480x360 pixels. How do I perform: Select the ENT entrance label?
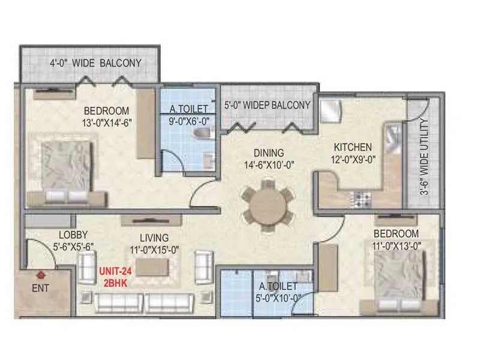click(40, 287)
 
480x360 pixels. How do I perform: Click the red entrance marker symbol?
click(41, 275)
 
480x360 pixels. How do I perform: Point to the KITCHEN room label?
click(353, 147)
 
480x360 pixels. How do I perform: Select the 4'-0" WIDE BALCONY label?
click(95, 62)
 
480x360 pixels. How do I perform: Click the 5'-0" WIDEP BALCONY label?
click(267, 105)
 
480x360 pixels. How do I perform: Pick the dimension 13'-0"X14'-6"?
click(106, 122)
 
